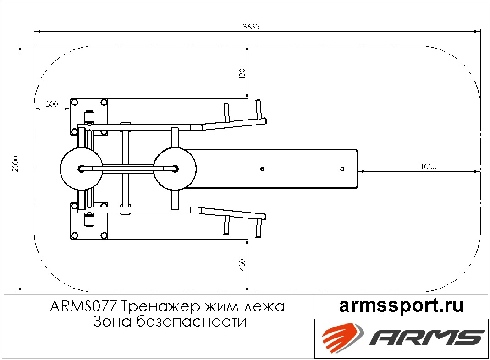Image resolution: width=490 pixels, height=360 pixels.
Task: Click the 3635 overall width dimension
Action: coord(251,27)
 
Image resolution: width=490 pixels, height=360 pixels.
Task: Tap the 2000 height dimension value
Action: coord(15,164)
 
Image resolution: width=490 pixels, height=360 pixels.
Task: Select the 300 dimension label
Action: coord(52,104)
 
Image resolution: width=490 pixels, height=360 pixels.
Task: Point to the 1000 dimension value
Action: coord(429,167)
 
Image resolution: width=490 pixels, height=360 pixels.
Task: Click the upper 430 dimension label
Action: coord(242,74)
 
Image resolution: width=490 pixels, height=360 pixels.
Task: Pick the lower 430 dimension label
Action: coord(242,265)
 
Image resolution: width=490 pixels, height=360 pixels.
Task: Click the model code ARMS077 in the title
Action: coord(83,306)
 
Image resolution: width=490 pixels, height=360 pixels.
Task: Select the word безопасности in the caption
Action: coord(191,321)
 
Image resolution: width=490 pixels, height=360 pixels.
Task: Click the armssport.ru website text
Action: coord(402,306)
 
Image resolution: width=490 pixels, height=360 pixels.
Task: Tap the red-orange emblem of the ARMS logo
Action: coord(343,337)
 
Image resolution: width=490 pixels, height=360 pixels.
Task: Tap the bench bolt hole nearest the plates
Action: coord(263,169)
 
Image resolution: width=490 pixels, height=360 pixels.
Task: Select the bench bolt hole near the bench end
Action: coord(342,169)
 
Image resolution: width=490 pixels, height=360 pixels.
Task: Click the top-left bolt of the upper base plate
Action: coord(74,102)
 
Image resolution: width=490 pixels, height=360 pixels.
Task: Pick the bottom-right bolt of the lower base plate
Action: coord(104,235)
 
